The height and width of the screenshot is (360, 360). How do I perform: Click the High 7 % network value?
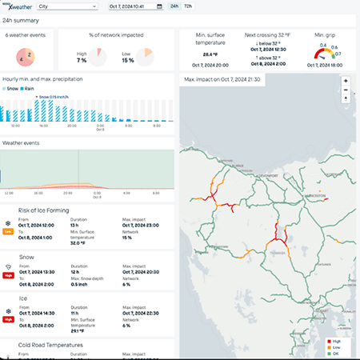(x=81, y=60)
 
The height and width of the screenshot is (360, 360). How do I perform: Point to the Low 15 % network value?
(x=127, y=60)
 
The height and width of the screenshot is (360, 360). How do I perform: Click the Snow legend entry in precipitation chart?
(x=12, y=89)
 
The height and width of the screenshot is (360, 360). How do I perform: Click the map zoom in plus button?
(x=345, y=81)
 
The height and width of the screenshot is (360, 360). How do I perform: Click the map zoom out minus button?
(x=345, y=90)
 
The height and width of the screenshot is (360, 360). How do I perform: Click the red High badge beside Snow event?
(x=8, y=273)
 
